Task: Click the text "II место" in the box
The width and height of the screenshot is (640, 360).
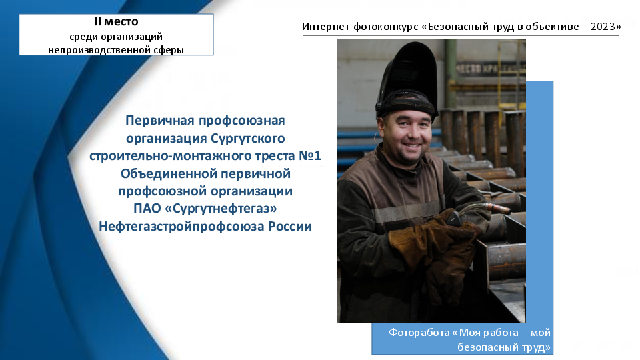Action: point(116,21)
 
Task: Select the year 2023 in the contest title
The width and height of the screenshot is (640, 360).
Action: point(603,27)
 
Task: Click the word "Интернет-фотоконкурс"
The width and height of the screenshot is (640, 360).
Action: point(361,27)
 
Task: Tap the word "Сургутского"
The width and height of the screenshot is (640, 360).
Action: point(248,139)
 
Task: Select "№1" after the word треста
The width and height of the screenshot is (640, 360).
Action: point(310,155)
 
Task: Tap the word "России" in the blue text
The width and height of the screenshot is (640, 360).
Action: point(290,226)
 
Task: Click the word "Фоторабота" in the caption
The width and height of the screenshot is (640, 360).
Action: point(419,333)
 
